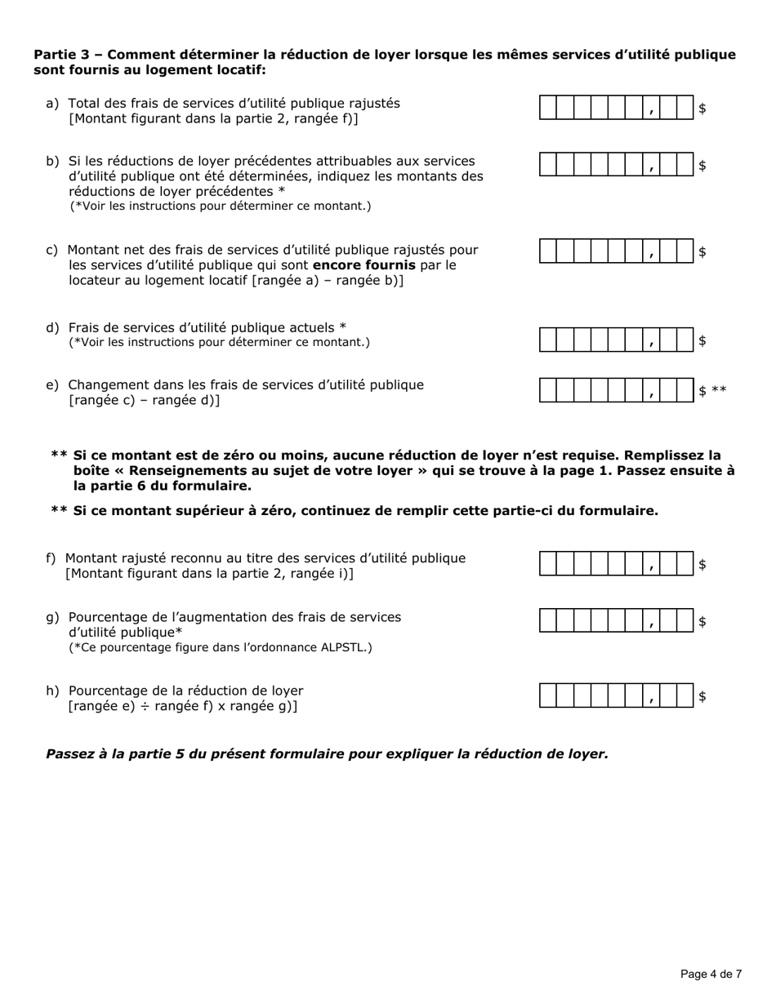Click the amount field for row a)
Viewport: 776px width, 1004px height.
pos(617,108)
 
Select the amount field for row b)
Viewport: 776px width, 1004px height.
pos(617,165)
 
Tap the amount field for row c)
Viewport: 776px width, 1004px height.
pos(617,252)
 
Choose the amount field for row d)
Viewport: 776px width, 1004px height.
pos(617,340)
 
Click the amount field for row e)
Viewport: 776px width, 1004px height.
pos(617,391)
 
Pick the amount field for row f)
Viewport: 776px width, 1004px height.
pos(617,564)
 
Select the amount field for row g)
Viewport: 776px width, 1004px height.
pos(617,621)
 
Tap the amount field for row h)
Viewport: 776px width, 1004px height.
pos(617,696)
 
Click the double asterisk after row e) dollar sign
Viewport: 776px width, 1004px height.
pos(719,391)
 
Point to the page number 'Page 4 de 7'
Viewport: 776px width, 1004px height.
pos(711,974)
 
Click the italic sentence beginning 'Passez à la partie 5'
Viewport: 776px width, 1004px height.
pos(327,753)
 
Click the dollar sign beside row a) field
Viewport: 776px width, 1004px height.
pos(702,108)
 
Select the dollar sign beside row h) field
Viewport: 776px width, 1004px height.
pos(702,696)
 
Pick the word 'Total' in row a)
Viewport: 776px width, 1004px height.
pos(84,103)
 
